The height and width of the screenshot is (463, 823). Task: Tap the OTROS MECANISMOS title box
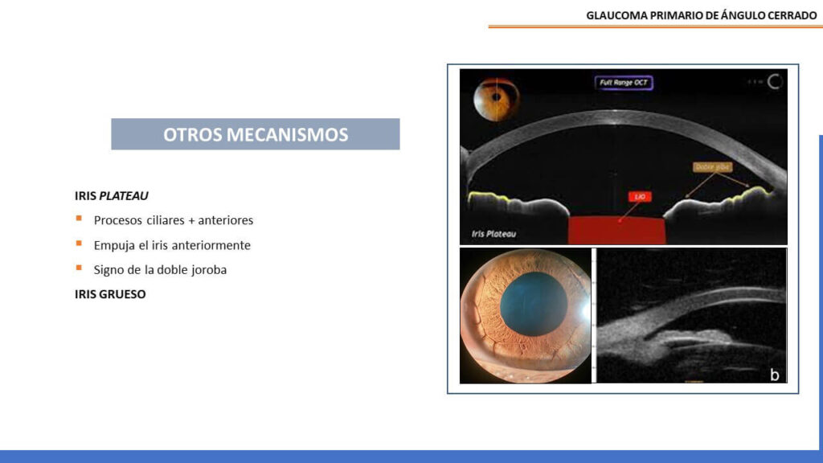coord(256,134)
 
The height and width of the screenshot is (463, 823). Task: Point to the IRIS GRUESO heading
coord(110,294)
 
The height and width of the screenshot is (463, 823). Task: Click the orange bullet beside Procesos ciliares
coord(79,219)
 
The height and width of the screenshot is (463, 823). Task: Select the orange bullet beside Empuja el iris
coord(79,244)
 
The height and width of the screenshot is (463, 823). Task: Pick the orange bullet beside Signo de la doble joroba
coord(79,268)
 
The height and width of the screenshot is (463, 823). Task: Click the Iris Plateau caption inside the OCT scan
coord(493,235)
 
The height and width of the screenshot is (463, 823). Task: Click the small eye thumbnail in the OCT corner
coord(497,98)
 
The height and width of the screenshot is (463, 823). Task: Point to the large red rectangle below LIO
coord(617,230)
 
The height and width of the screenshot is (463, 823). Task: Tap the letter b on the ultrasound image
coord(773,374)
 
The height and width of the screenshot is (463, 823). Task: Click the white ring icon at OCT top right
coord(776,81)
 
